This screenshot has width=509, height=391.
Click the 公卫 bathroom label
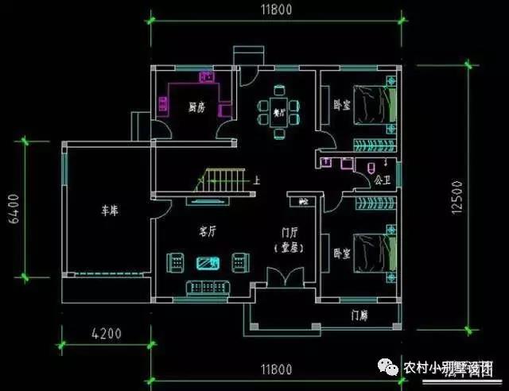click(383, 180)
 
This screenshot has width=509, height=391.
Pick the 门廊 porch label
click(359, 315)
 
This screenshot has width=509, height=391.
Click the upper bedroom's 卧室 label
click(342, 103)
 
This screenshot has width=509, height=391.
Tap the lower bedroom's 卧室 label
click(342, 254)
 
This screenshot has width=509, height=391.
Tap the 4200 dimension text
click(106, 333)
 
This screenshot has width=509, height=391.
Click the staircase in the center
click(222, 178)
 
